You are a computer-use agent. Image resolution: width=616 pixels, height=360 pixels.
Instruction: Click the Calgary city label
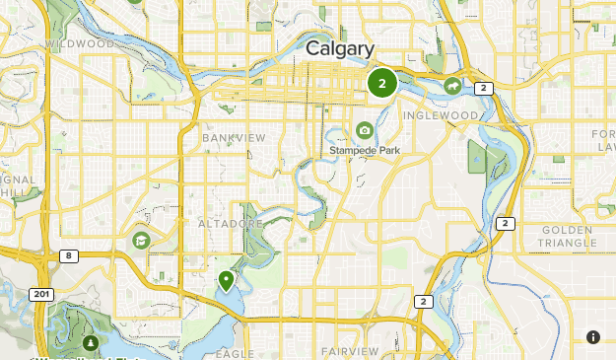point(339,49)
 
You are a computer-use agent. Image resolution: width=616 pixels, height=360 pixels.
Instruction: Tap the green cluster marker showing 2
point(381,84)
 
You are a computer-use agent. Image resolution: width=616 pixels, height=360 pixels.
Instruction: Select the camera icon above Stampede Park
point(365,130)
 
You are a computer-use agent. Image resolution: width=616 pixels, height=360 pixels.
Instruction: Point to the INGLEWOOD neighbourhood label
point(441,115)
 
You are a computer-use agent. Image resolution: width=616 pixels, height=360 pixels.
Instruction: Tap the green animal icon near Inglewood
point(452,87)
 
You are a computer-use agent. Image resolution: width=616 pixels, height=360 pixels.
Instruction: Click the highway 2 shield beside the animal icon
point(483,88)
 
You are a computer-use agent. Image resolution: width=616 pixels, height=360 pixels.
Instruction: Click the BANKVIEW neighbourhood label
point(234,138)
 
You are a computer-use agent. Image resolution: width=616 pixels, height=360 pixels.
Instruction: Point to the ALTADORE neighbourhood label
point(232,224)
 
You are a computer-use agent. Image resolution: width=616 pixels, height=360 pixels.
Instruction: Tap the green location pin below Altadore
point(227,281)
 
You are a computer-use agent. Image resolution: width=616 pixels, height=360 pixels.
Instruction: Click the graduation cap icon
point(141,240)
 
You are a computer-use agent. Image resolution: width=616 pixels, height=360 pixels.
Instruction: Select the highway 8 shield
point(67,255)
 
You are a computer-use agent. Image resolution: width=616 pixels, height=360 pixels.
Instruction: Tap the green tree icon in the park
point(91,343)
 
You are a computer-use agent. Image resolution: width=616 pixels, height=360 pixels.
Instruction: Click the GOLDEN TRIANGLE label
point(569,236)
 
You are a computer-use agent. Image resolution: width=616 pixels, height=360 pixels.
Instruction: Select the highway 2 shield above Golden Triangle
point(506,223)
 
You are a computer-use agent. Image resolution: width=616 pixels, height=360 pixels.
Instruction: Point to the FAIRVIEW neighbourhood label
point(350,351)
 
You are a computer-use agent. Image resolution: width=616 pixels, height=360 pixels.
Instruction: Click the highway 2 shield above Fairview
point(423,301)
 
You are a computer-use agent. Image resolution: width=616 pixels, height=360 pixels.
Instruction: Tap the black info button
point(592,337)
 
